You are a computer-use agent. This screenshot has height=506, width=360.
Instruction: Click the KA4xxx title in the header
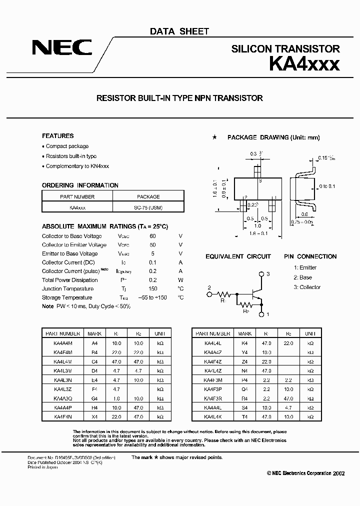pyautogui.click(x=304, y=64)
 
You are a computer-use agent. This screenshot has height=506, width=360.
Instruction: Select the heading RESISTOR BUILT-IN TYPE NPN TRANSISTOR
pyautogui.click(x=179, y=98)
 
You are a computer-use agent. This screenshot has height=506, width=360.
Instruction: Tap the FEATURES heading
pyautogui.click(x=57, y=136)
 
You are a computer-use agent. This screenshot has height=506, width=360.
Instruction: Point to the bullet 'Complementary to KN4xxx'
pyautogui.click(x=77, y=166)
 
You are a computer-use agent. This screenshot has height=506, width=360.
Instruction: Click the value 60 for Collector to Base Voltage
pyautogui.click(x=152, y=236)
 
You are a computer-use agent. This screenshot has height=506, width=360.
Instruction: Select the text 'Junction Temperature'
pyautogui.click(x=67, y=288)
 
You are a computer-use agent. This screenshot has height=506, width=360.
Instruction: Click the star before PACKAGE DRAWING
pyautogui.click(x=214, y=137)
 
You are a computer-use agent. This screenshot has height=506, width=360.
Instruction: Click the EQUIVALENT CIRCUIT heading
pyautogui.click(x=238, y=256)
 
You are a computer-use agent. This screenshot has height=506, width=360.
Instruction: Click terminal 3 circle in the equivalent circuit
pyautogui.click(x=261, y=274)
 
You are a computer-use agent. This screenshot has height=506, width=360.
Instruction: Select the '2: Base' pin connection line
pyautogui.click(x=302, y=277)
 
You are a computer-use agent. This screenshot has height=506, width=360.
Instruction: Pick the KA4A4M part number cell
pyautogui.click(x=62, y=343)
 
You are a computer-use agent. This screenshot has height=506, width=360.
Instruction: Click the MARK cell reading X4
pyautogui.click(x=95, y=416)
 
